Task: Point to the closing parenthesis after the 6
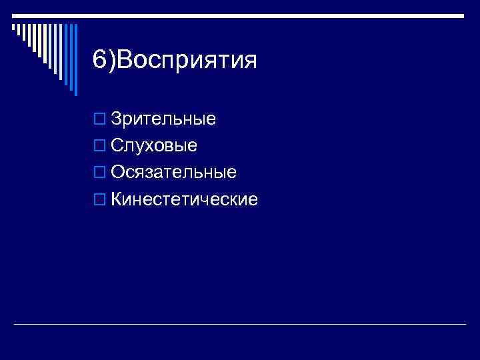click(111, 61)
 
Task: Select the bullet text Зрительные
click(163, 119)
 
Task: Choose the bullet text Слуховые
click(154, 146)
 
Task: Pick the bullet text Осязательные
click(173, 173)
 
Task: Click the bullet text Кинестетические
click(184, 199)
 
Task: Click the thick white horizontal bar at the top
click(240, 15)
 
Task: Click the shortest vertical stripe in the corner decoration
click(13, 27)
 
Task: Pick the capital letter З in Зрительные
click(117, 119)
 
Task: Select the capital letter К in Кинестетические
click(117, 199)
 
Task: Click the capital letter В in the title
click(125, 61)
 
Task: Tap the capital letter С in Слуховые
click(117, 146)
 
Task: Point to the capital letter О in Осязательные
click(118, 173)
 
